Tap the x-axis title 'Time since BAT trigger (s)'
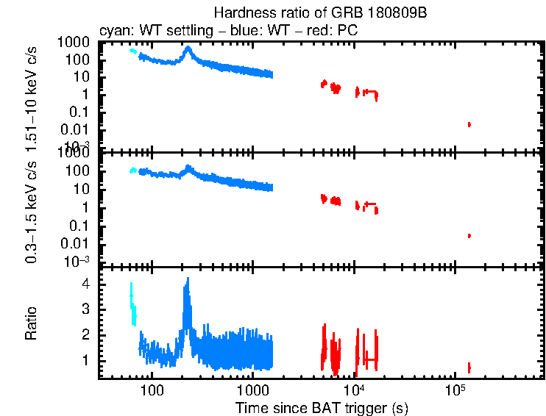pos(322,407)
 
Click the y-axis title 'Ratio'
pos(32,322)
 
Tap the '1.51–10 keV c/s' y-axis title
pos(32,95)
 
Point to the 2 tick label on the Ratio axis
pos(86,335)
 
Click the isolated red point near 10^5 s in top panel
pos(469,124)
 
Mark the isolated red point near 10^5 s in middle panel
pos(469,235)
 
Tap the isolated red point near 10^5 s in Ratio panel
pos(469,367)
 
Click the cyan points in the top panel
pos(132,51)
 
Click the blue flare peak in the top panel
pos(188,49)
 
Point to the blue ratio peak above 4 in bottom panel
pos(188,283)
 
